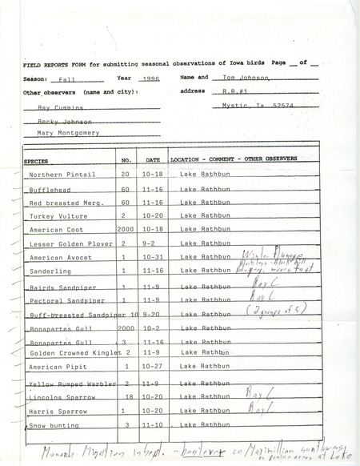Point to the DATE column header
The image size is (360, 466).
tap(155, 160)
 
